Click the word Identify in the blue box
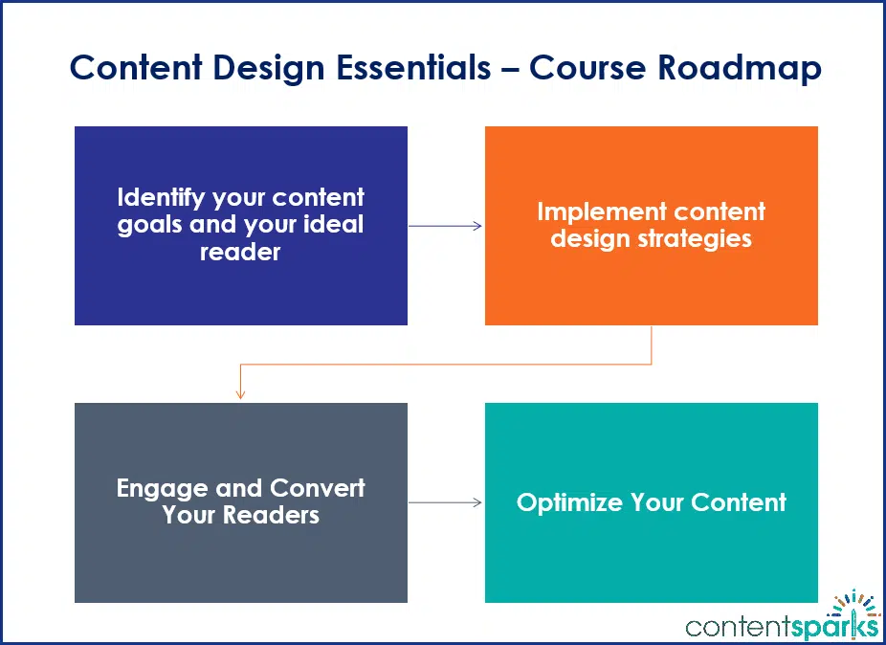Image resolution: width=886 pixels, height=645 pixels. click(x=155, y=198)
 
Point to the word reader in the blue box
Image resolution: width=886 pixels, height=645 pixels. click(x=240, y=252)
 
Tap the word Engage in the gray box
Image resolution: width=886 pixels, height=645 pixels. click(x=163, y=488)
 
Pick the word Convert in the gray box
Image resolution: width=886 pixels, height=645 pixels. click(x=318, y=488)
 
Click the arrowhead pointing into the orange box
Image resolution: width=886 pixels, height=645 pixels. click(x=477, y=226)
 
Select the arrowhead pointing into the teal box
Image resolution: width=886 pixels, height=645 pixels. click(x=477, y=502)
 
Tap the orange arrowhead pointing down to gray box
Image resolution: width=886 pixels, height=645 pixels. click(x=240, y=394)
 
